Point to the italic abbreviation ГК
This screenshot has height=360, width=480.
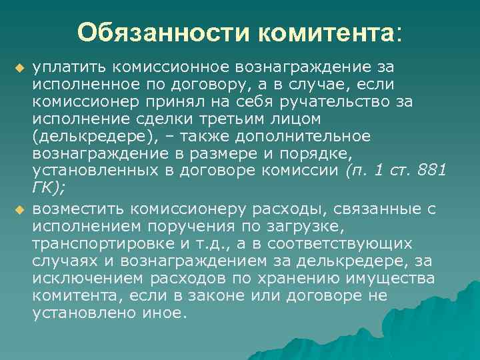click(x=43, y=188)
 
